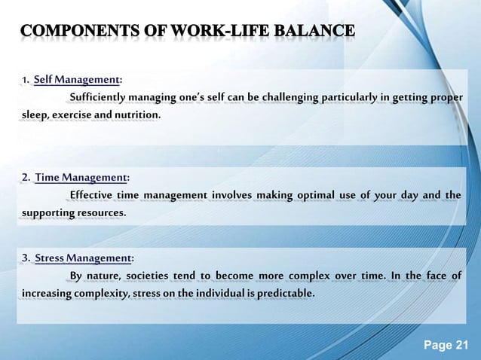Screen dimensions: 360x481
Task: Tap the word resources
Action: (100, 213)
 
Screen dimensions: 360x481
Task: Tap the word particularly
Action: (353, 98)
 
